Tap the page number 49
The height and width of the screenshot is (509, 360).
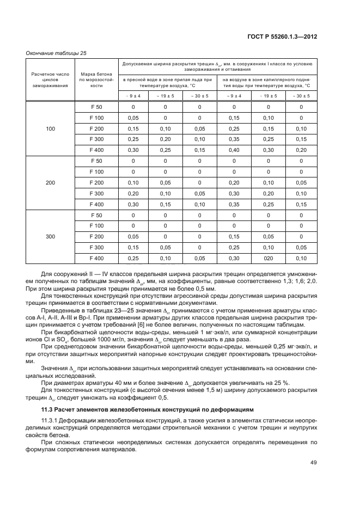[313, 463]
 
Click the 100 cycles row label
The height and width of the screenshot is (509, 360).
[50, 128]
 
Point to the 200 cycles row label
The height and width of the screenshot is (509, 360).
[50, 183]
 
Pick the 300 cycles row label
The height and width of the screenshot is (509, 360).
[50, 237]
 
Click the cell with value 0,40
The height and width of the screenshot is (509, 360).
[234, 150]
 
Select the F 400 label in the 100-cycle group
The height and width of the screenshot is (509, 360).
[96, 150]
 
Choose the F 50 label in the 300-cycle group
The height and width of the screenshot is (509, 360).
[96, 215]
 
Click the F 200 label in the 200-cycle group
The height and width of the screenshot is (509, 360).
[96, 183]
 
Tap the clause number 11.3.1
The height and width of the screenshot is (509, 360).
[51, 421]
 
